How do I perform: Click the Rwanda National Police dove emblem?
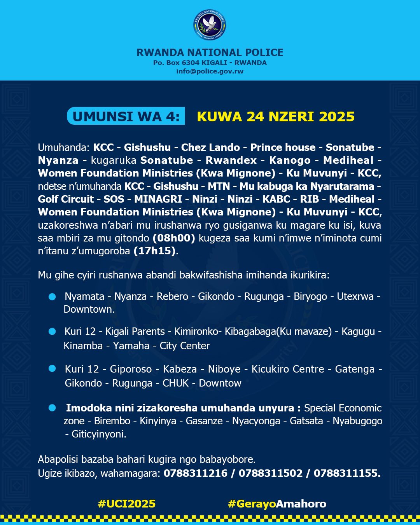(x=210, y=24)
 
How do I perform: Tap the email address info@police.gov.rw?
(x=210, y=71)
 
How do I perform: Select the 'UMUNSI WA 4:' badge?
(x=126, y=116)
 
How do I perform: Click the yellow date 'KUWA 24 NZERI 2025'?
(x=276, y=116)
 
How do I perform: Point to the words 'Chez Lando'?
(x=210, y=147)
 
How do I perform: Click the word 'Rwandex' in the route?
(x=231, y=160)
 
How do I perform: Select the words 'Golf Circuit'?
(x=66, y=199)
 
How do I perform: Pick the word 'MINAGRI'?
(x=158, y=199)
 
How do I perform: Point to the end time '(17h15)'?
(x=155, y=251)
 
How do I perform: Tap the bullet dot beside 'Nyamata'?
(x=52, y=297)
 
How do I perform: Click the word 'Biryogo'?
(x=310, y=296)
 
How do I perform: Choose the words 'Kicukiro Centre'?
(x=288, y=369)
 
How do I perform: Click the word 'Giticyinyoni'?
(x=98, y=434)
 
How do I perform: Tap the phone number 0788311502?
(x=270, y=473)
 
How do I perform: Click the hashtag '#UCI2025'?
(x=126, y=504)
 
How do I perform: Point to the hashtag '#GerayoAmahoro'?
(x=277, y=504)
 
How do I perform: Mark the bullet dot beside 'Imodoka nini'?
(x=52, y=408)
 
